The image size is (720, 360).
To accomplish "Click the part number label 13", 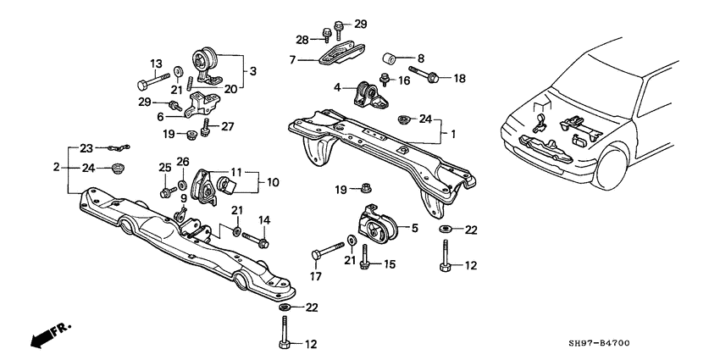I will (x=156, y=64).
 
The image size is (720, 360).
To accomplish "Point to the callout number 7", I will (x=293, y=59).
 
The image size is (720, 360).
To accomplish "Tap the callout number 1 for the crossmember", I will (x=452, y=134).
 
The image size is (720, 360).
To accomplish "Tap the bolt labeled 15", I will (x=365, y=256).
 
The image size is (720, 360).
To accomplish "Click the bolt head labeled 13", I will (x=142, y=85).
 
